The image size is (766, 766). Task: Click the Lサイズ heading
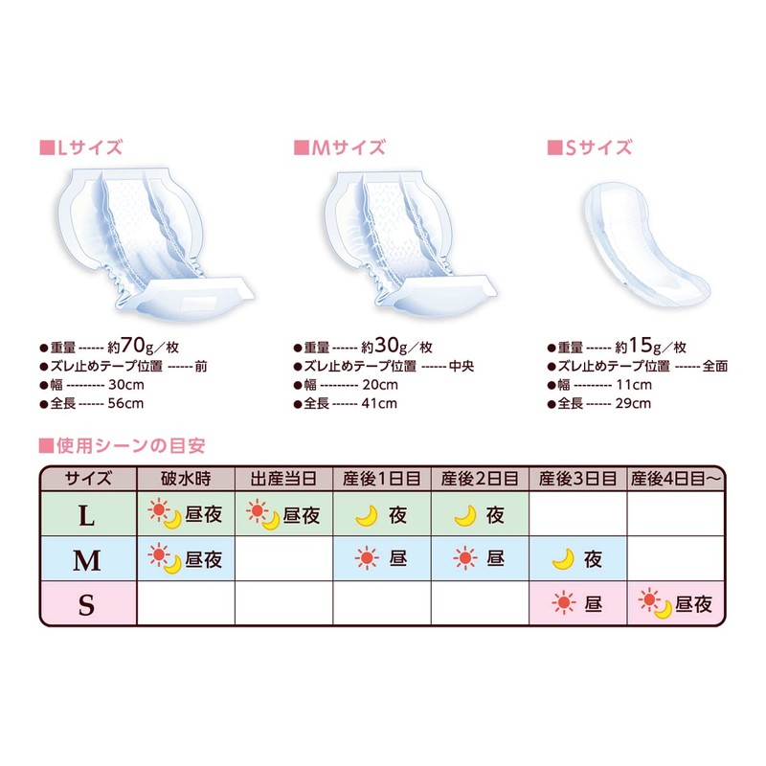click(86, 148)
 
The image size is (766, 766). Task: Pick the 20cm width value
click(380, 385)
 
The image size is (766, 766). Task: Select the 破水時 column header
click(186, 477)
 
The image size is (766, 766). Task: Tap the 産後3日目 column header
click(577, 477)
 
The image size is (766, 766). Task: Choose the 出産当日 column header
click(283, 477)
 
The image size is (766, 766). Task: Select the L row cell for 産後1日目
click(382, 515)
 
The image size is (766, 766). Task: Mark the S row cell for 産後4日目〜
click(676, 604)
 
